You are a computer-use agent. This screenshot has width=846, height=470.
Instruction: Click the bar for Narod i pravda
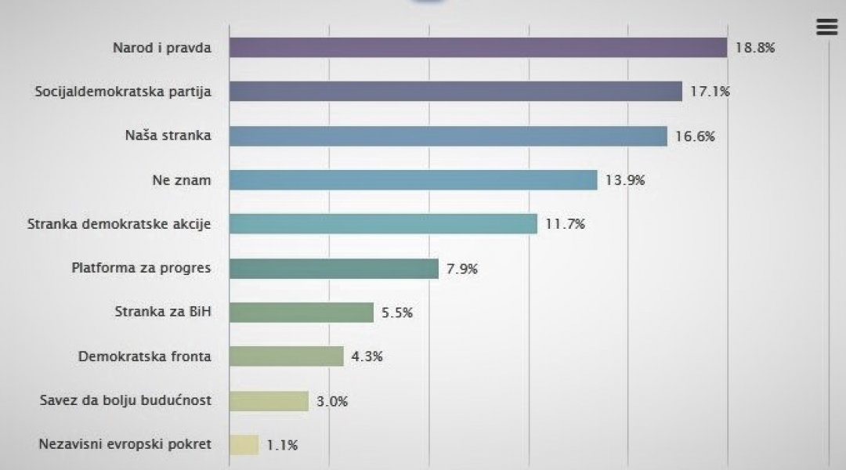[478, 48]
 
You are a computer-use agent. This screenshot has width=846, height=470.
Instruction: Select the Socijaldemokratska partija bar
[455, 92]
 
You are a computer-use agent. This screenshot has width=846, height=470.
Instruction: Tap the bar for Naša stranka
[447, 136]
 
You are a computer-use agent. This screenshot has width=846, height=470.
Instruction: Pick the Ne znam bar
[413, 180]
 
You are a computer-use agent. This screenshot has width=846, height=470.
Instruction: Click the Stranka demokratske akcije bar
[383, 224]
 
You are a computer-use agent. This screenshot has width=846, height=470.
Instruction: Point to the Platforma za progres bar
[334, 269]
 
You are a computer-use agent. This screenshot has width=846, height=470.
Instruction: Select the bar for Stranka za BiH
[302, 313]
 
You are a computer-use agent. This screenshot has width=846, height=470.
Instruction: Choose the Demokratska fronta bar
[287, 356]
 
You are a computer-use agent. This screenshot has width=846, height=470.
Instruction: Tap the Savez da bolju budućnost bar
[269, 401]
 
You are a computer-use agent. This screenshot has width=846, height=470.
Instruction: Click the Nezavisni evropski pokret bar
[244, 445]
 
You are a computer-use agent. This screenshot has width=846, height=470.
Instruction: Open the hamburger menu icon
[826, 27]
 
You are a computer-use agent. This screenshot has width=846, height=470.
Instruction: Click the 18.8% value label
[755, 48]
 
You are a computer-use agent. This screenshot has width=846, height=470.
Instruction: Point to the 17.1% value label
[710, 92]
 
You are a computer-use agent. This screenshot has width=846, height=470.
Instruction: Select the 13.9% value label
[625, 180]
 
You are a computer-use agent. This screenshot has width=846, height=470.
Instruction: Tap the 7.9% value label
[461, 269]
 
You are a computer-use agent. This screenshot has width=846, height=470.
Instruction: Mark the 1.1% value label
[282, 445]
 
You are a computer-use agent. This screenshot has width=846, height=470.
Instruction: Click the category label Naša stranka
[168, 136]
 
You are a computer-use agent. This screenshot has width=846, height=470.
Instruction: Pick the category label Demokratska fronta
[145, 356]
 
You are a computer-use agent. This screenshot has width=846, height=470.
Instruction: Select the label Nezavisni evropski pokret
[125, 445]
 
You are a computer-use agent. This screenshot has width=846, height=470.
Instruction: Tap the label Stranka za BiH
[163, 313]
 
